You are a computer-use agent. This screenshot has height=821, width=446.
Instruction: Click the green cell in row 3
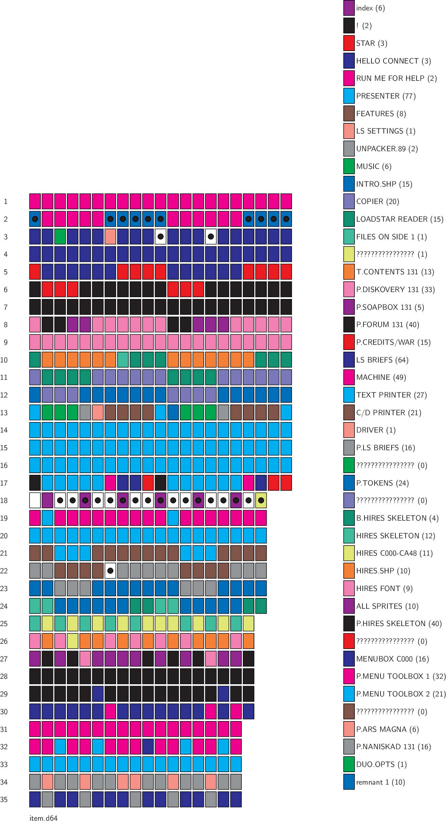click(60, 237)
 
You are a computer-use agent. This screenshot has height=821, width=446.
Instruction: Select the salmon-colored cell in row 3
click(110, 237)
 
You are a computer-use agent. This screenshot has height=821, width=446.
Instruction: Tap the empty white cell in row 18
click(35, 500)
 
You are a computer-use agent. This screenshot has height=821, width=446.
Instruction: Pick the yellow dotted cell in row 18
click(261, 500)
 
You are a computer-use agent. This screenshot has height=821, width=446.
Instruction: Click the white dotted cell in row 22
click(110, 571)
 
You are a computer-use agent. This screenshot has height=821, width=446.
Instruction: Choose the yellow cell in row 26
click(72, 641)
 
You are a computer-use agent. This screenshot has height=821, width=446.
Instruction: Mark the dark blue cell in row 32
click(148, 746)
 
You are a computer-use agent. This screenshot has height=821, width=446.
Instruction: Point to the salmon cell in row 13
click(98, 412)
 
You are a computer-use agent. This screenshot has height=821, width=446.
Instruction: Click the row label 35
click(4, 799)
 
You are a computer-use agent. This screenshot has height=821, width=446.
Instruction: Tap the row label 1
click(6, 202)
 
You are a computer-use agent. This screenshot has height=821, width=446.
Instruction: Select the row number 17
click(4, 483)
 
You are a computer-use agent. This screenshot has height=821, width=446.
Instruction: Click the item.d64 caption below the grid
click(43, 818)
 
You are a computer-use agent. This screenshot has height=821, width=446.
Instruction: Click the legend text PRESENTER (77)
click(386, 96)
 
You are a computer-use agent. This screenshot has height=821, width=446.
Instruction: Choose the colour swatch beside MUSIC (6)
click(349, 166)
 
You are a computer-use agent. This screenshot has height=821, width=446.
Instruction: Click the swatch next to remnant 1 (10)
click(349, 782)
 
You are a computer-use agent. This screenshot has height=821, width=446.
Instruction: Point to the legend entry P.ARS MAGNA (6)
click(387, 729)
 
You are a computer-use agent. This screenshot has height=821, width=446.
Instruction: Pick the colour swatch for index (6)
click(349, 8)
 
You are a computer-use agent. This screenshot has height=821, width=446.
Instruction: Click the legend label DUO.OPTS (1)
click(381, 764)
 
